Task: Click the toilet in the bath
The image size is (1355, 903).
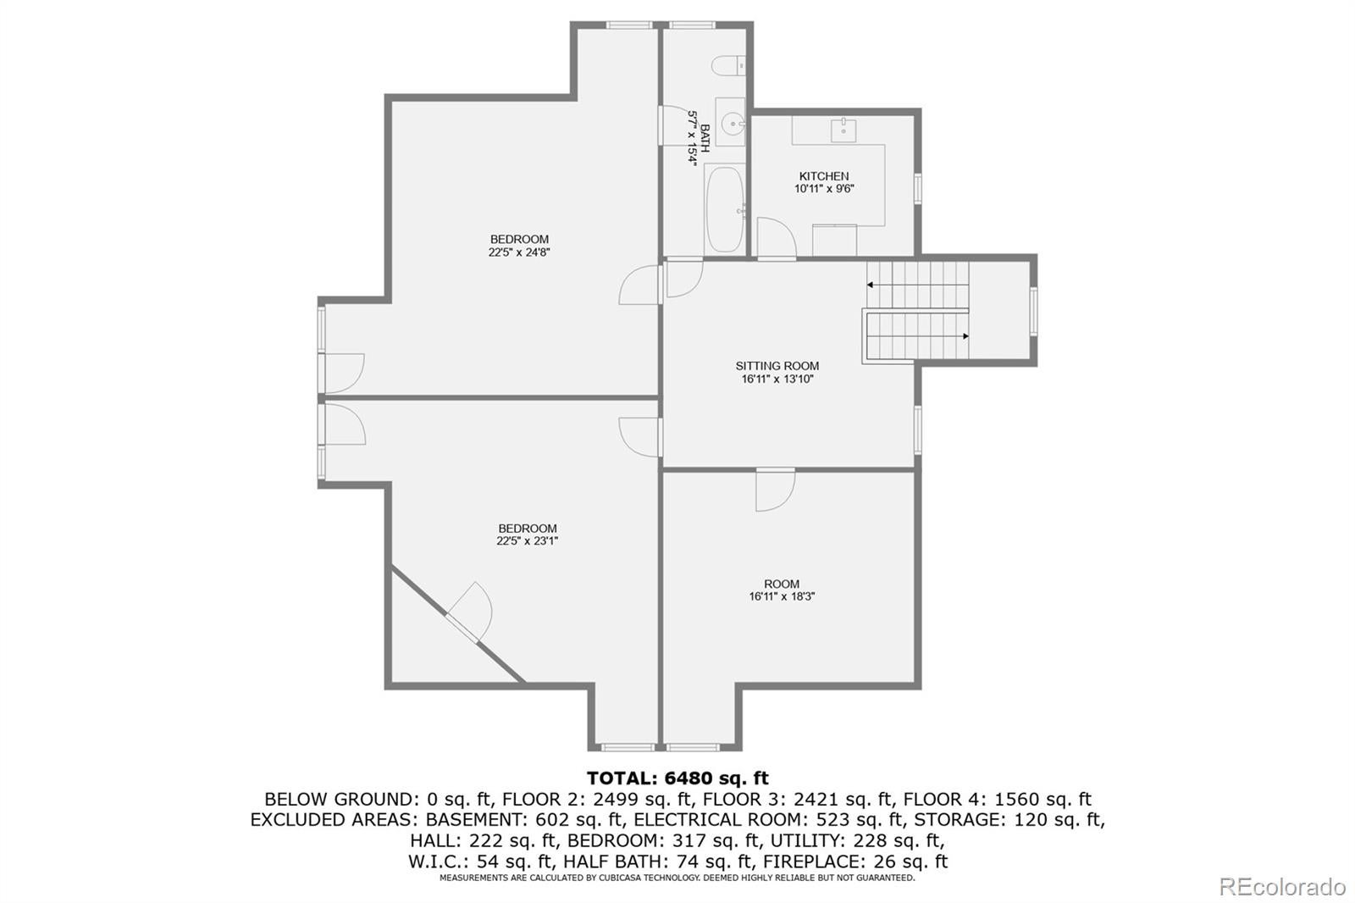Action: pos(728,65)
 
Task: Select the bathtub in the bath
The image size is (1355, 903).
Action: pos(725,208)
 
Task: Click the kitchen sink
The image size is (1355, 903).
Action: pos(843,130)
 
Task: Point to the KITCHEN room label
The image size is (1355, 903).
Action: pos(824,176)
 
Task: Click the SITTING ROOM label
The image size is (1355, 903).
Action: pos(777,366)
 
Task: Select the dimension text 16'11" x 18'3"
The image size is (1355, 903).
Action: pos(783,596)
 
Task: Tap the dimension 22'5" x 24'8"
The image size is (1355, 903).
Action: pos(519,252)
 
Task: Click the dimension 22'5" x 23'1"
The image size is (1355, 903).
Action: pos(527,541)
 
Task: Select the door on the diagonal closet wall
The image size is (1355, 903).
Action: pos(469,612)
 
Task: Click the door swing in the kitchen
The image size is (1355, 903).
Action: pos(776,238)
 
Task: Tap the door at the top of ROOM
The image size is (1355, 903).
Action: pos(776,490)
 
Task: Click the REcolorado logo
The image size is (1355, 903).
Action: pos(1282,887)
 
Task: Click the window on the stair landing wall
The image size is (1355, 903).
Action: pos(1034,311)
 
